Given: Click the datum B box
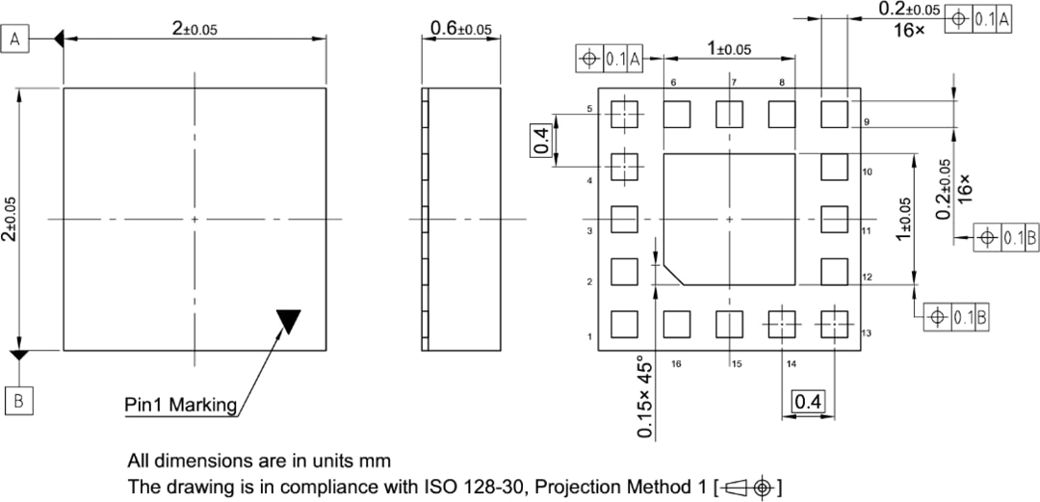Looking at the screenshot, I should pos(18,400).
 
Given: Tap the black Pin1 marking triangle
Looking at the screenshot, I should pos(288,320).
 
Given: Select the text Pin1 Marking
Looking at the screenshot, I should pos(180,405).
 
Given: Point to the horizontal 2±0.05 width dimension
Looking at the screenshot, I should pos(195,29).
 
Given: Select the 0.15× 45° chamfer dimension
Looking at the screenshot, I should pos(646,397).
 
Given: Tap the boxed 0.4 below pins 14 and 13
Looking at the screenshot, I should pos(805,402).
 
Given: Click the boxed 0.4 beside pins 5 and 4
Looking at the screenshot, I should pos(541,141).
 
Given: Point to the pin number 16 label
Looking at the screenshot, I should pos(676,364).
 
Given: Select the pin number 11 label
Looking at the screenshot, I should pos(866,231).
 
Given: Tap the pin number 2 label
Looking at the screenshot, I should pos(589,282).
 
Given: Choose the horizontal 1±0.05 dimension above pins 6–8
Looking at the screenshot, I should pos(728,47).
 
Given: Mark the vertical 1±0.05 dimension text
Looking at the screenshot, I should pos(904,219).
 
